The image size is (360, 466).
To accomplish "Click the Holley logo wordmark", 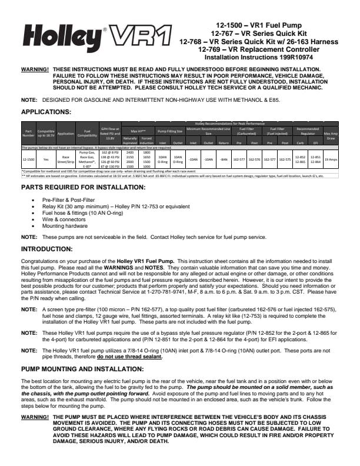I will (x=64, y=39).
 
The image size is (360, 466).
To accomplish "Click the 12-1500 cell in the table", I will (x=28, y=159).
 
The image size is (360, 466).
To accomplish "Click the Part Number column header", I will (x=28, y=133).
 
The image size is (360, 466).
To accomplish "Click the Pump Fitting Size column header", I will (x=171, y=131).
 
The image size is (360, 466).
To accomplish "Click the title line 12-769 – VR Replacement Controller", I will (x=268, y=51).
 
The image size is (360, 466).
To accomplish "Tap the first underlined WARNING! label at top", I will (x=34, y=69).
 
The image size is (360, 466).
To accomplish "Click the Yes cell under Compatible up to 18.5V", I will (x=46, y=159).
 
